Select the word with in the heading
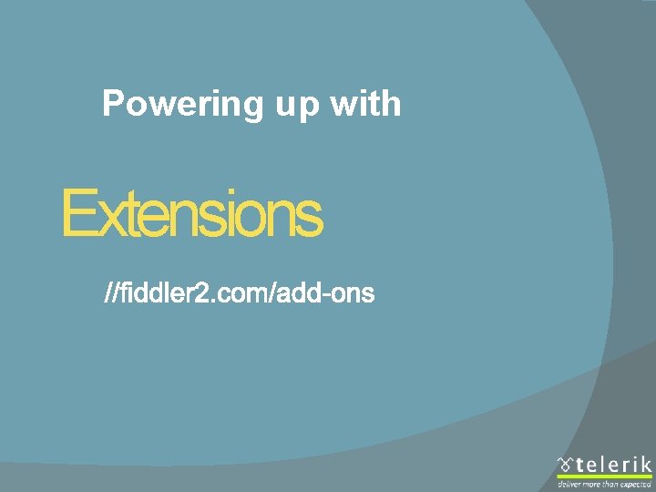[365, 104]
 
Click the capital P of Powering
[113, 104]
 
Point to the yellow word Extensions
[191, 214]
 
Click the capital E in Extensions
[77, 214]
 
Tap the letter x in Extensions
[105, 219]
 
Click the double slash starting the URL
[114, 293]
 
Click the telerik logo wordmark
[613, 464]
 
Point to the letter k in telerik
[645, 464]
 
